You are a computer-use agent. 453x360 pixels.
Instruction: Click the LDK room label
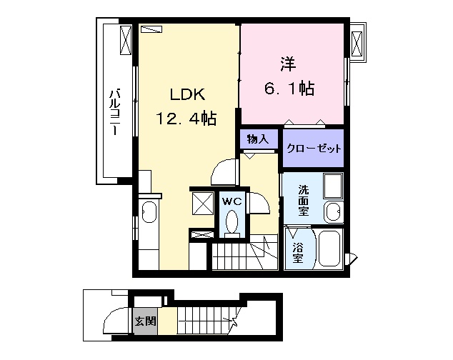[188, 94]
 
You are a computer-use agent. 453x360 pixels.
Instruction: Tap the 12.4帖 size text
[186, 118]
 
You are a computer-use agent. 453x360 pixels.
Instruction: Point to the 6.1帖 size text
[289, 88]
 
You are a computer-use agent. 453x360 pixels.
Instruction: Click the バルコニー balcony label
[115, 112]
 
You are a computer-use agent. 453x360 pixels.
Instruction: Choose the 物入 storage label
[258, 139]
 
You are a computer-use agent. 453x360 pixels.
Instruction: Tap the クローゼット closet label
[314, 149]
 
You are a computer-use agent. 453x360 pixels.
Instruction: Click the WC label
[232, 201]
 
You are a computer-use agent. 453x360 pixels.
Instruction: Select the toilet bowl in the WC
[232, 222]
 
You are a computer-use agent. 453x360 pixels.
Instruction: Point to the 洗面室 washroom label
[304, 200]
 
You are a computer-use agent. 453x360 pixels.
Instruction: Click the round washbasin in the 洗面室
[333, 212]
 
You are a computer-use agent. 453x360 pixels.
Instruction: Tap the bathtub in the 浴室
[330, 248]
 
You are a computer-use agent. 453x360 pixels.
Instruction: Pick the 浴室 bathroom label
[297, 253]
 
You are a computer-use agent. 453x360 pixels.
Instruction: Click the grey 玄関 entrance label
[146, 321]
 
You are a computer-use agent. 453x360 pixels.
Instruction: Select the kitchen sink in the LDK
[149, 211]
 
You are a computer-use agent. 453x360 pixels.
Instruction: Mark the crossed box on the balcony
[126, 40]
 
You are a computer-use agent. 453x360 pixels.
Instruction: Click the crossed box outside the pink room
[357, 44]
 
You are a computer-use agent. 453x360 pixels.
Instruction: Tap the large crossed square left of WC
[202, 204]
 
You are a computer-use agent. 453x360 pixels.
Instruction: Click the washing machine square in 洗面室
[333, 185]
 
